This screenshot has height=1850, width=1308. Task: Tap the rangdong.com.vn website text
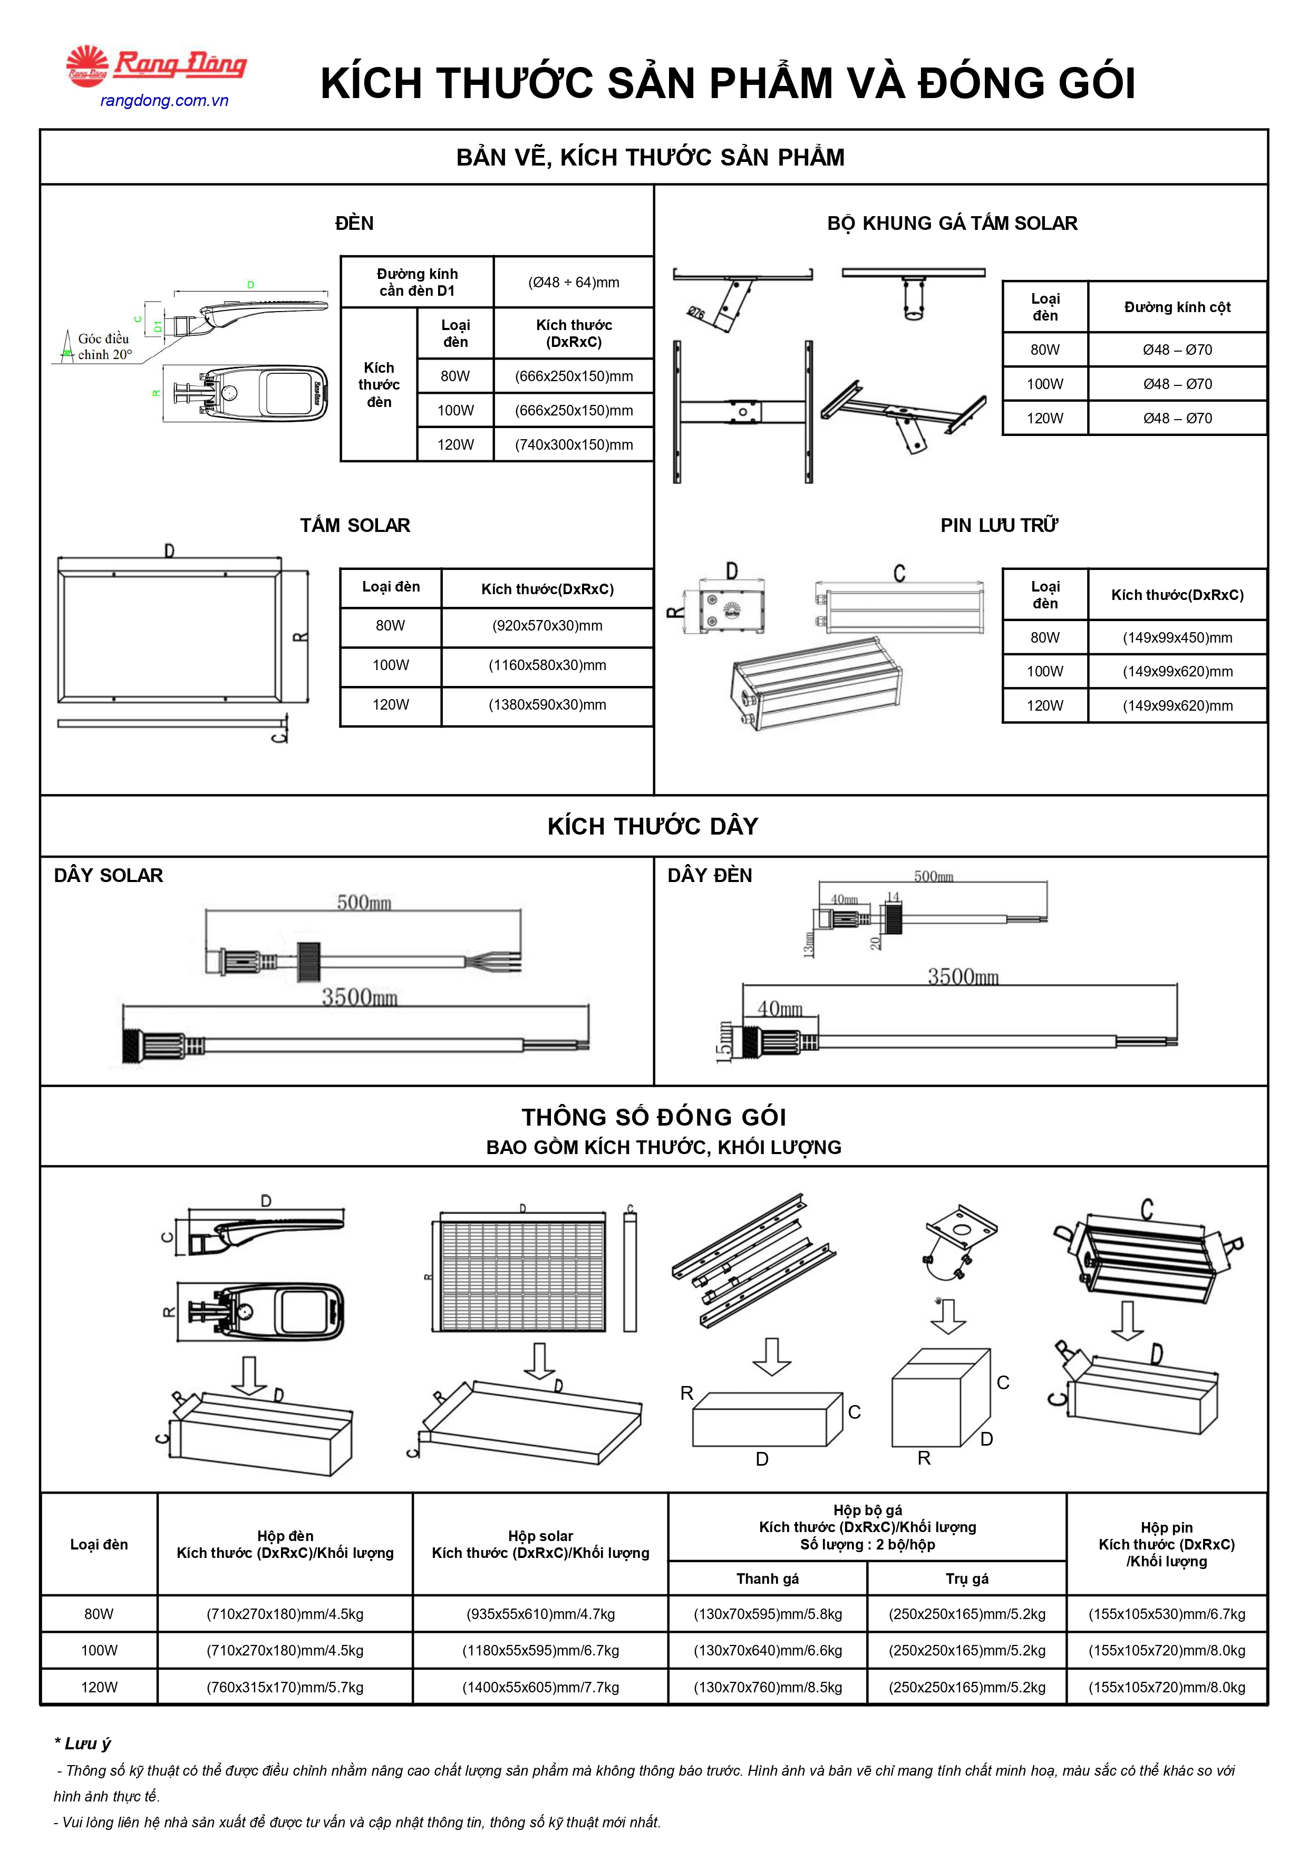pyautogui.click(x=164, y=101)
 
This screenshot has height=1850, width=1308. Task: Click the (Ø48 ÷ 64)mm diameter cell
pyautogui.click(x=574, y=282)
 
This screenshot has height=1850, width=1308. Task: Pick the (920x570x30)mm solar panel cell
pyautogui.click(x=547, y=625)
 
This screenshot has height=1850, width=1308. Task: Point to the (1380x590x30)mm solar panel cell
pyautogui.click(x=547, y=704)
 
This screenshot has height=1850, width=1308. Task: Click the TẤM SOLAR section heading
pyautogui.click(x=355, y=525)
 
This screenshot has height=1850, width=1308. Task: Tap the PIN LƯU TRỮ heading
pyautogui.click(x=1000, y=525)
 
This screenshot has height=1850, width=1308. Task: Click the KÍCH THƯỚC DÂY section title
pyautogui.click(x=653, y=826)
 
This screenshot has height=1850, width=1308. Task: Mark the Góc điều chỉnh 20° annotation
pyautogui.click(x=104, y=346)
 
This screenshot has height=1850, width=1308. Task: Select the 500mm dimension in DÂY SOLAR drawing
pyautogui.click(x=364, y=903)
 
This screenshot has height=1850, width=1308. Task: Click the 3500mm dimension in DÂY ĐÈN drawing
pyautogui.click(x=963, y=976)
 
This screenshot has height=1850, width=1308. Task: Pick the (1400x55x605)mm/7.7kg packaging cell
pyautogui.click(x=541, y=1687)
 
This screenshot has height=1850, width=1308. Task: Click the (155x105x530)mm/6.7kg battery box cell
pyautogui.click(x=1167, y=1614)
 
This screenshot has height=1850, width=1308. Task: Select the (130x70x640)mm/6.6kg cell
pyautogui.click(x=768, y=1650)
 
